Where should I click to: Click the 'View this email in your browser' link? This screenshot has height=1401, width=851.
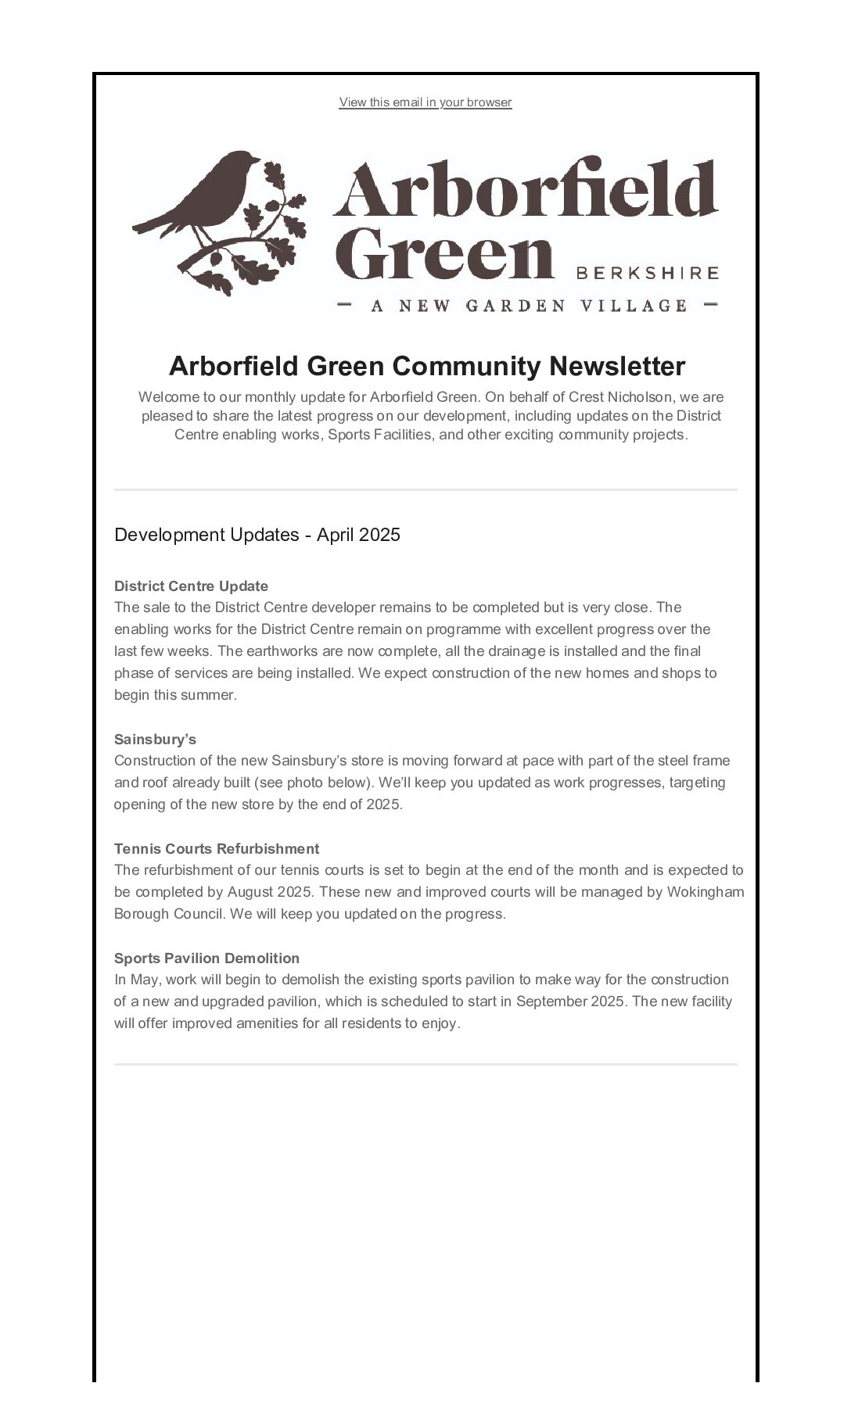(x=425, y=102)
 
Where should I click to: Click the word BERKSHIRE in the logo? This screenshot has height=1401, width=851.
(x=647, y=273)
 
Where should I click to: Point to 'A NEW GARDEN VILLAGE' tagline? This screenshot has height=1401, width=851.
(x=528, y=306)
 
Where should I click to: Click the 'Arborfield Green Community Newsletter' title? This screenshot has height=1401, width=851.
(x=426, y=366)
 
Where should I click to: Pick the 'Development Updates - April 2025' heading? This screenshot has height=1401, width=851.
(x=257, y=535)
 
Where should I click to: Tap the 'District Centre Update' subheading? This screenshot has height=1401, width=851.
(x=191, y=586)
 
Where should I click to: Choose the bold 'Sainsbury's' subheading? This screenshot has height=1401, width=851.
(x=155, y=740)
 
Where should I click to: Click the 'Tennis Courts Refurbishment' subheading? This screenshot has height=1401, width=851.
(x=217, y=849)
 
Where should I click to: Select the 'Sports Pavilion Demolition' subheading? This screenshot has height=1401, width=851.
(x=206, y=958)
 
